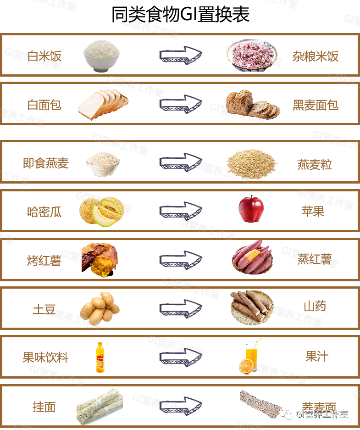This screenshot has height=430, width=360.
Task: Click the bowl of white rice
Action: point(101,55)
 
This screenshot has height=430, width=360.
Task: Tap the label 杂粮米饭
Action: point(315,56)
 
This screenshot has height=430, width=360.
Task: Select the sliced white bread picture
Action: point(103,105)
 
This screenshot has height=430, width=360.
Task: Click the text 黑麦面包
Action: point(315,105)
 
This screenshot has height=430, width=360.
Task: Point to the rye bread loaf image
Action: point(252,104)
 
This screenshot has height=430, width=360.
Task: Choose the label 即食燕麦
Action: point(45,163)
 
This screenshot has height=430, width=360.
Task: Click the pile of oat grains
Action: point(251,163)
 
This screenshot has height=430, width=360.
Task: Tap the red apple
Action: point(251,209)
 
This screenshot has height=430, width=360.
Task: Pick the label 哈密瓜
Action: point(44,212)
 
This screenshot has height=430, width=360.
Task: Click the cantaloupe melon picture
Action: point(101,211)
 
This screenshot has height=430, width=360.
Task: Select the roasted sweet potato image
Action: point(100,260)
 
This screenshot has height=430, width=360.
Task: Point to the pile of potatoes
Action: point(100,308)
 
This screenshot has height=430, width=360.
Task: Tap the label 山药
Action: point(315,306)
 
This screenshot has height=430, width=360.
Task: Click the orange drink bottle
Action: point(100,357)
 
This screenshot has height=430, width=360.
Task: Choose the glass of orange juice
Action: point(250,357)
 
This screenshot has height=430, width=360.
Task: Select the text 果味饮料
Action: point(45,357)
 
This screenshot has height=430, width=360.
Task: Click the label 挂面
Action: point(44,407)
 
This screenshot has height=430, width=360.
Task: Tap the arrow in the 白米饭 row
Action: point(180,55)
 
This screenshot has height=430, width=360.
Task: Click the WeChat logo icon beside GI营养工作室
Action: point(287,414)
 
